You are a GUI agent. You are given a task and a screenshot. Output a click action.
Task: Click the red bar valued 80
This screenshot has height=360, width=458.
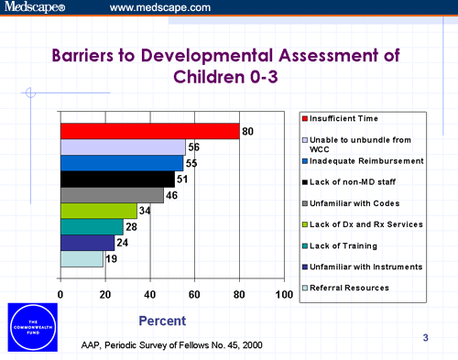tap(149, 131)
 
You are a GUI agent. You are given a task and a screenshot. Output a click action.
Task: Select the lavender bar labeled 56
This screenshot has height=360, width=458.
tap(123, 147)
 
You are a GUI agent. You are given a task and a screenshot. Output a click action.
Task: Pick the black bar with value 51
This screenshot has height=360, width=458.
tap(117, 179)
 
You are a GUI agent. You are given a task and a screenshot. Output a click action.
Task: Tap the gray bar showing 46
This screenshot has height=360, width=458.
tap(112, 195)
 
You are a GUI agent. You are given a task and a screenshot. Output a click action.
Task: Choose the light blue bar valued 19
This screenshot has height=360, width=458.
tap(82, 259)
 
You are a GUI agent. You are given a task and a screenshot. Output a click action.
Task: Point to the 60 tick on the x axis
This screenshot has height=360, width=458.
tap(194, 293)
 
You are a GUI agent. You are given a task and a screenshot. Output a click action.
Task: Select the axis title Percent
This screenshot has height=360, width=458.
tap(161, 321)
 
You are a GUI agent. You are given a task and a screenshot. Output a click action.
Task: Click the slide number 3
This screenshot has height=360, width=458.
tap(425, 339)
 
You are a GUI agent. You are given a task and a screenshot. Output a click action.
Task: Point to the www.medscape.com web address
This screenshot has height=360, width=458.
tap(159, 8)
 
